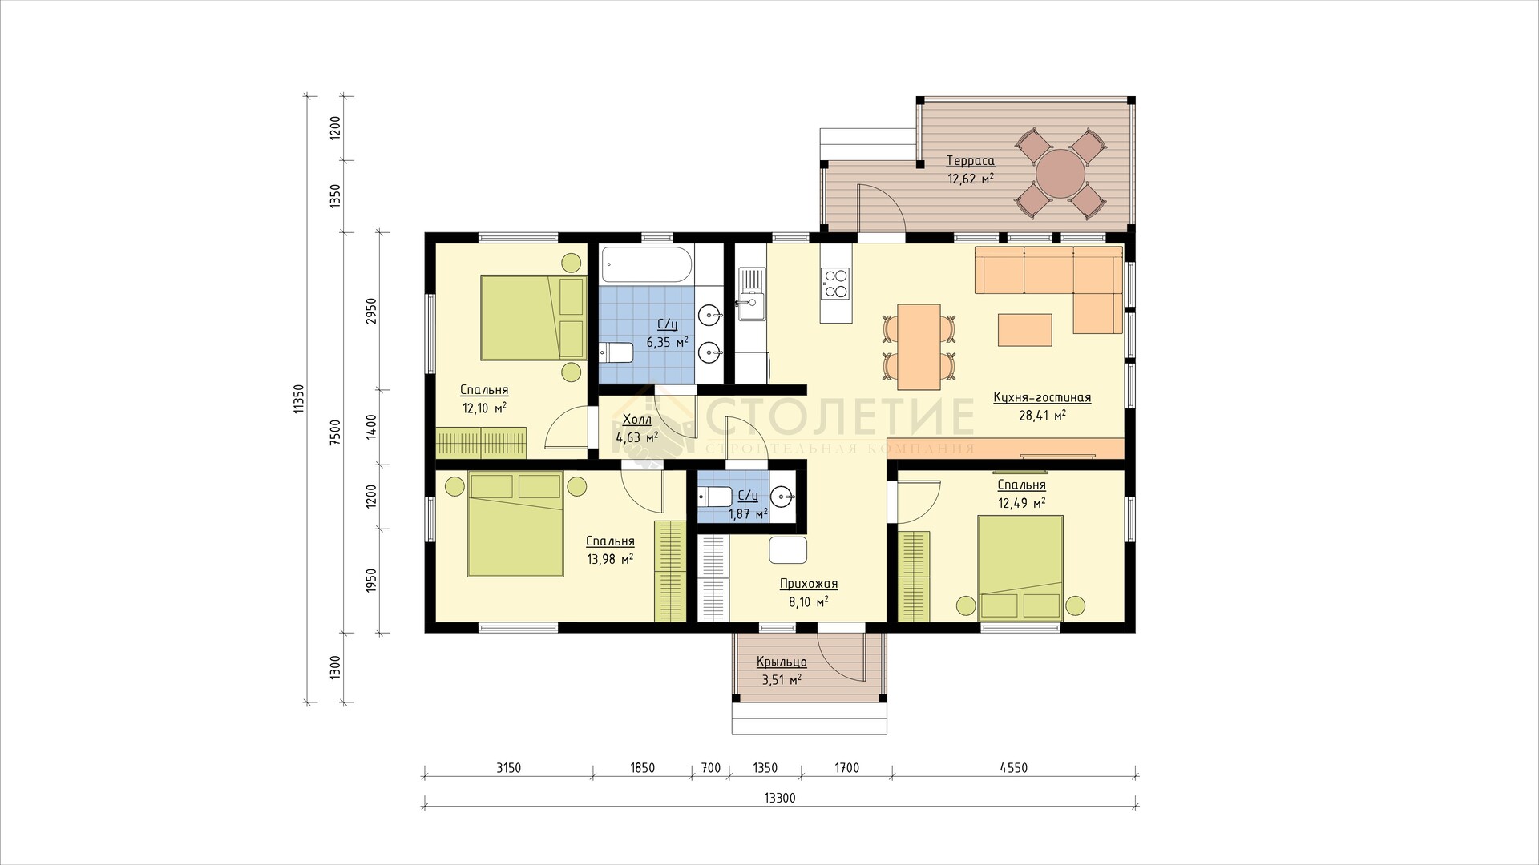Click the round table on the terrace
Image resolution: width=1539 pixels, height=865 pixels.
(x=1060, y=174)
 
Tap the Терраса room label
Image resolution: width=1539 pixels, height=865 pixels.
(x=970, y=160)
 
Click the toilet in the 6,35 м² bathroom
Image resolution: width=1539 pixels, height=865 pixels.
(x=616, y=352)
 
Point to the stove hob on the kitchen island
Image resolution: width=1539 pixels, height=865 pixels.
(x=835, y=282)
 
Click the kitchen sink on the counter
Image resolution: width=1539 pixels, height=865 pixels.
(x=751, y=293)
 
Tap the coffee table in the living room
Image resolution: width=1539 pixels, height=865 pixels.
(x=1024, y=329)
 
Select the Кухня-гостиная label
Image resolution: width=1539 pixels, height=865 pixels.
(x=1041, y=397)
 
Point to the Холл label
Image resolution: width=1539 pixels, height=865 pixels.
(x=637, y=420)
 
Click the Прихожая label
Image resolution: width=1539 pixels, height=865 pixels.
(x=808, y=584)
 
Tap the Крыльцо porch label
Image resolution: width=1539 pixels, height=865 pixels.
(x=782, y=662)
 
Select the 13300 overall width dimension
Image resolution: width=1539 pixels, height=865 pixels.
(x=780, y=798)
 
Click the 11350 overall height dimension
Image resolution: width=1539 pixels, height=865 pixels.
(x=299, y=399)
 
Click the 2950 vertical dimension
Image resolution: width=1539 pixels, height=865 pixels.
(x=371, y=311)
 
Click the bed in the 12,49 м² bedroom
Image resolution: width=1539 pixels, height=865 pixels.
(x=1020, y=567)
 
